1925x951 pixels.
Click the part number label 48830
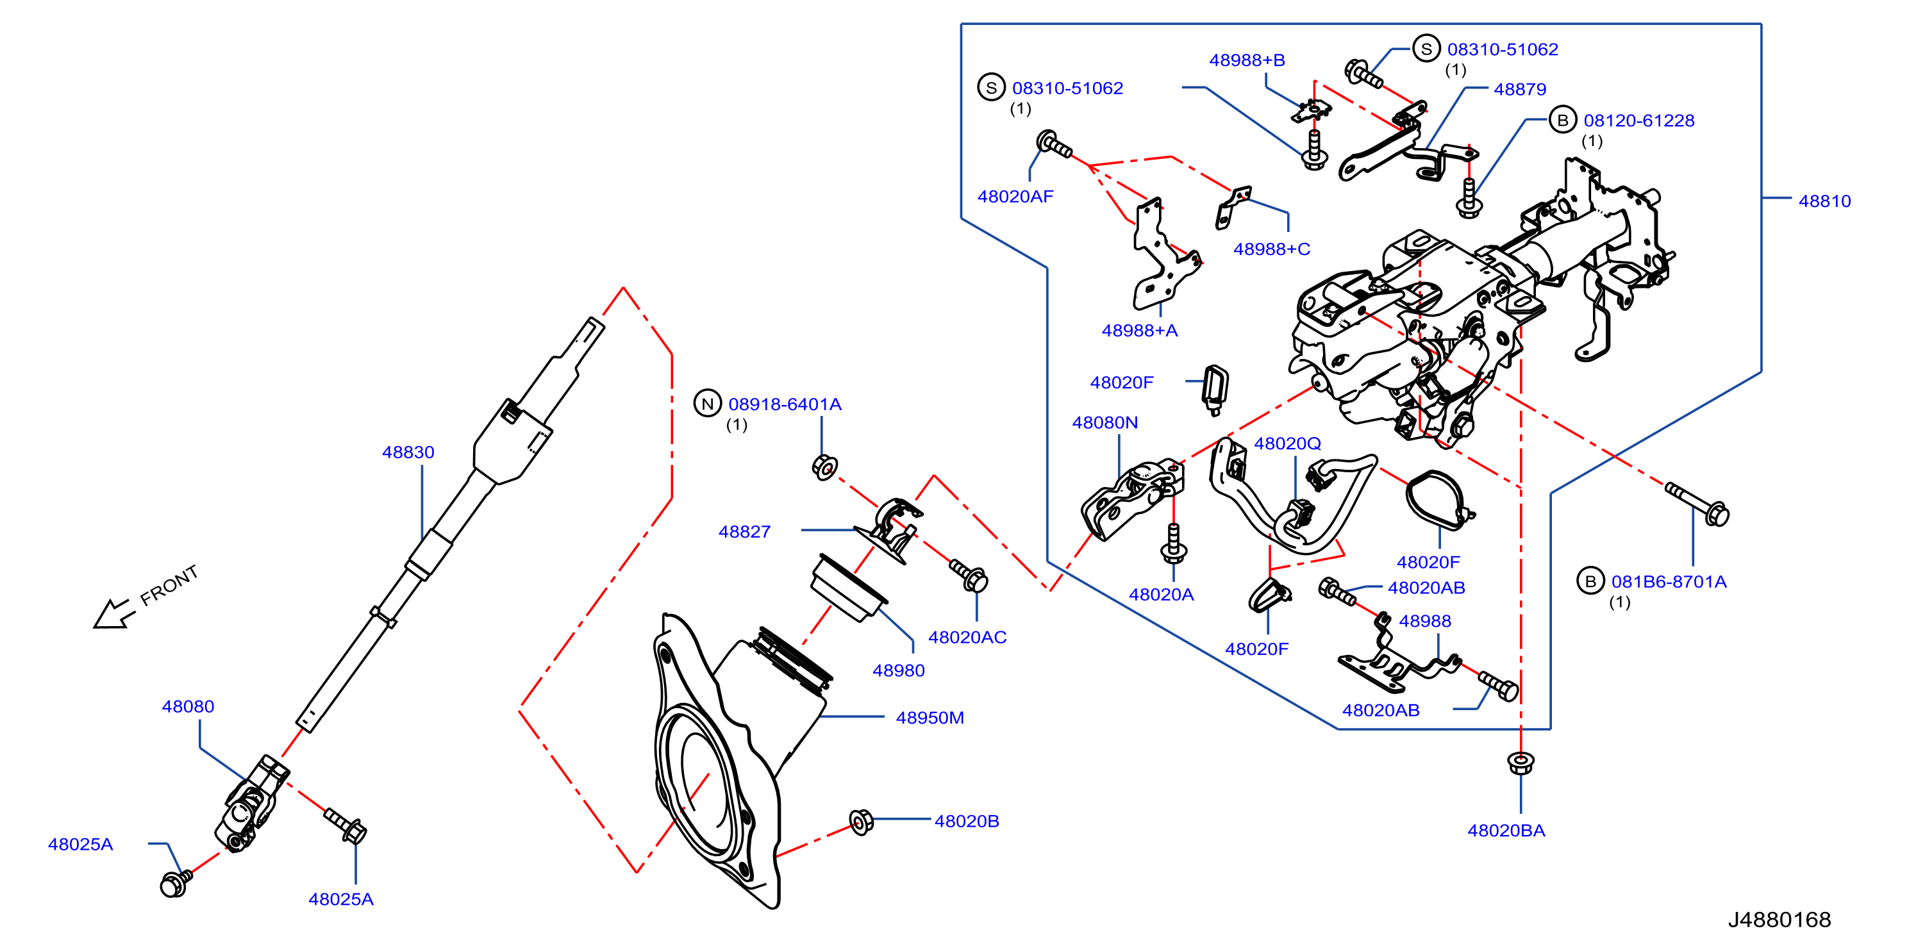click(408, 452)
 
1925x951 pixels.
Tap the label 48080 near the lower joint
click(188, 706)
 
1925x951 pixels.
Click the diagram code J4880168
click(1779, 920)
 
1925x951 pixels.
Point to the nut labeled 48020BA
click(1520, 763)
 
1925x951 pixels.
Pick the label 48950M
click(929, 718)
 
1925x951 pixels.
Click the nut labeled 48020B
click(861, 822)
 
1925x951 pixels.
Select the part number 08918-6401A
click(785, 404)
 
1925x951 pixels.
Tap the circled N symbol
click(707, 404)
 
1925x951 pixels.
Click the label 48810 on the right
click(1824, 201)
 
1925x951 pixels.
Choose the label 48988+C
click(1271, 249)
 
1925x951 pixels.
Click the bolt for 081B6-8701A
click(1697, 504)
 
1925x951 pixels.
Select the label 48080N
click(1104, 422)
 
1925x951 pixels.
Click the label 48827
click(744, 532)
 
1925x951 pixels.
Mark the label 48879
click(1520, 89)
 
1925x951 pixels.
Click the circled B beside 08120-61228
click(1562, 120)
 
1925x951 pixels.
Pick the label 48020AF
click(1015, 197)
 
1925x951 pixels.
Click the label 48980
click(898, 670)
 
